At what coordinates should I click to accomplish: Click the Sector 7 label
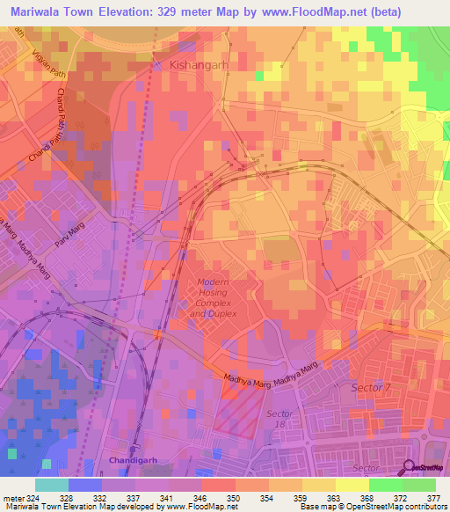pos(370,388)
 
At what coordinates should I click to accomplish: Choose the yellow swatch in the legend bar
pos(352,485)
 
